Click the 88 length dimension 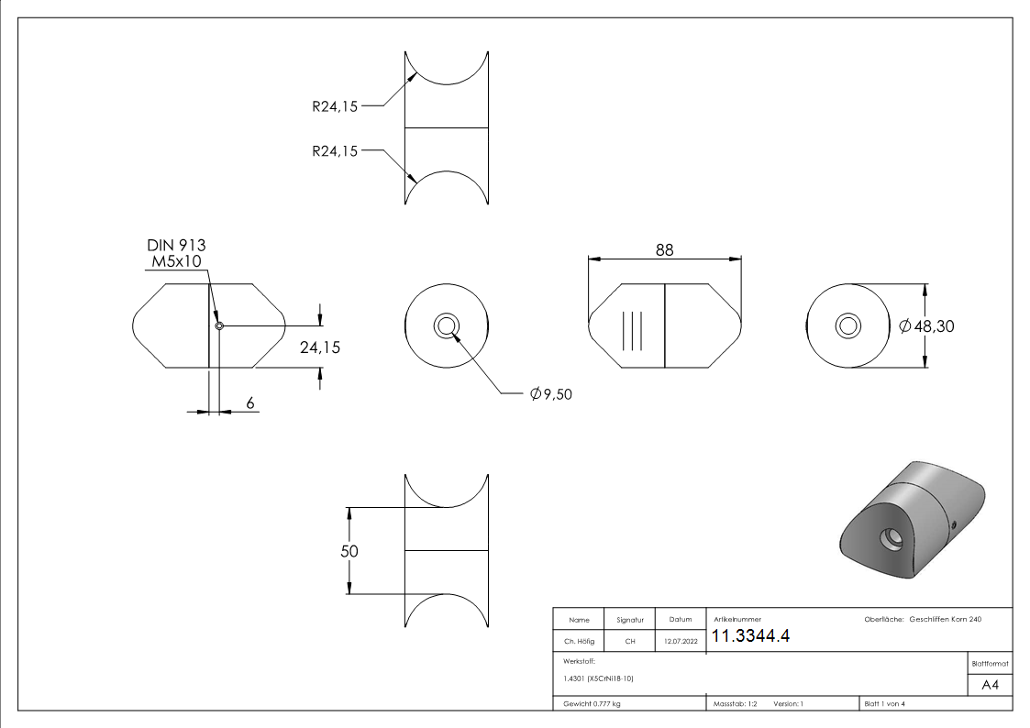click(664, 249)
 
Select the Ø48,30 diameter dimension click(927, 325)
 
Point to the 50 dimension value click(349, 551)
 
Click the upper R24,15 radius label click(335, 105)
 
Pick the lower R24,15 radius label click(335, 151)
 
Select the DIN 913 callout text click(176, 246)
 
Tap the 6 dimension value click(249, 403)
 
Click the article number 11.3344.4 click(750, 637)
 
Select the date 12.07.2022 click(680, 642)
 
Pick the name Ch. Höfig click(579, 642)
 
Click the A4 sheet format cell click(990, 685)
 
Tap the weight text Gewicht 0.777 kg click(592, 704)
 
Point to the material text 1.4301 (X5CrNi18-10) click(599, 678)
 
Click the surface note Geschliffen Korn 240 click(945, 620)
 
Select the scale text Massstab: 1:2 click(735, 704)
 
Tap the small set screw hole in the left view click(219, 325)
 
